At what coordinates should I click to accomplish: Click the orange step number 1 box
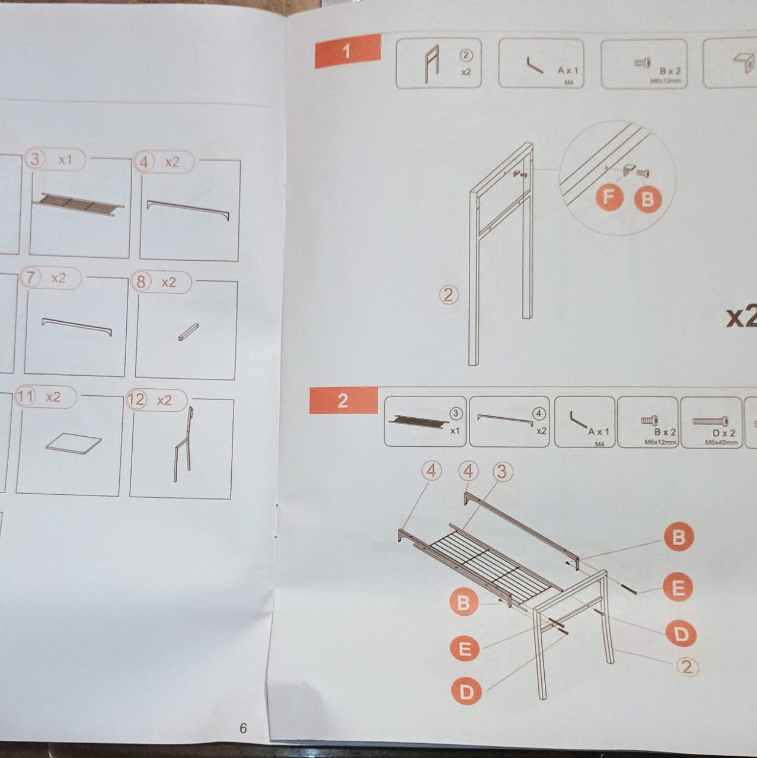[x=347, y=51]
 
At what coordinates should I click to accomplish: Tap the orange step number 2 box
[x=343, y=401]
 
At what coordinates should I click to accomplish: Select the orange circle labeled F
[x=609, y=197]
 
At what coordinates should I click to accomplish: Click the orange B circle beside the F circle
[x=648, y=199]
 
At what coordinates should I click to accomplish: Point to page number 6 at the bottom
[x=243, y=728]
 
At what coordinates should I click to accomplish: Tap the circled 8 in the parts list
[x=141, y=282]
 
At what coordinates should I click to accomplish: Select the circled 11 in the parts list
[x=25, y=396]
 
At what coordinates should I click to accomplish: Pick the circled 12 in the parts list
[x=136, y=400]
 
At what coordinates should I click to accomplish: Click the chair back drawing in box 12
[x=183, y=444]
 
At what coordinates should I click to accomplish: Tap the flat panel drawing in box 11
[x=74, y=443]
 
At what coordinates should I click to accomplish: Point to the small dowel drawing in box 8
[x=188, y=332]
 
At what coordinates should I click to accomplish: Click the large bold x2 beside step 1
[x=741, y=317]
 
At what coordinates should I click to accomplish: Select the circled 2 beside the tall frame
[x=449, y=295]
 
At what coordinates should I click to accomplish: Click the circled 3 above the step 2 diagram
[x=502, y=472]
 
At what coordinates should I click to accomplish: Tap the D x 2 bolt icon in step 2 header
[x=710, y=421]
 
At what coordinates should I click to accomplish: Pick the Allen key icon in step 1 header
[x=535, y=65]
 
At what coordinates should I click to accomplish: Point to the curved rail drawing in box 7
[x=76, y=326]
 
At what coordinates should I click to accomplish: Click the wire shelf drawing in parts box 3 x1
[x=79, y=204]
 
